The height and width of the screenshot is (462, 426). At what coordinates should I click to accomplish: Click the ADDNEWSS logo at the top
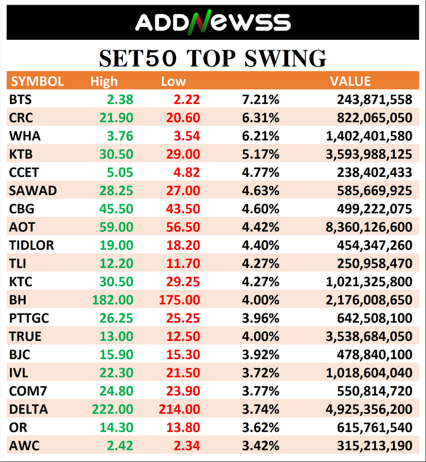tap(212, 22)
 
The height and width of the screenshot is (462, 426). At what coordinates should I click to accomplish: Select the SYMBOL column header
tap(38, 81)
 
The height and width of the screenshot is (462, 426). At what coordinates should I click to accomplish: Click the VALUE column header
tap(350, 81)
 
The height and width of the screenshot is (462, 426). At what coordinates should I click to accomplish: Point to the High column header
tap(104, 81)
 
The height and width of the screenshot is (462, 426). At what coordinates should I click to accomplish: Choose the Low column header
tap(174, 81)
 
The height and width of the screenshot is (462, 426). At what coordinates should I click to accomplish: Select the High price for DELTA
tap(113, 410)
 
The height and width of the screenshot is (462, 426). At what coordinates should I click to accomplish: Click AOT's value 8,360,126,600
tap(369, 228)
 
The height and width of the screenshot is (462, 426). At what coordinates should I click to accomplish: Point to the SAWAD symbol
tap(33, 191)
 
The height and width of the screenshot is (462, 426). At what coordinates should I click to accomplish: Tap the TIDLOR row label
tap(32, 245)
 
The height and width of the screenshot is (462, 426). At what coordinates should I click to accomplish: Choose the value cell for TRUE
tap(369, 336)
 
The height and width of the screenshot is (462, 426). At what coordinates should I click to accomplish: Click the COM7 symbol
tap(28, 391)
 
